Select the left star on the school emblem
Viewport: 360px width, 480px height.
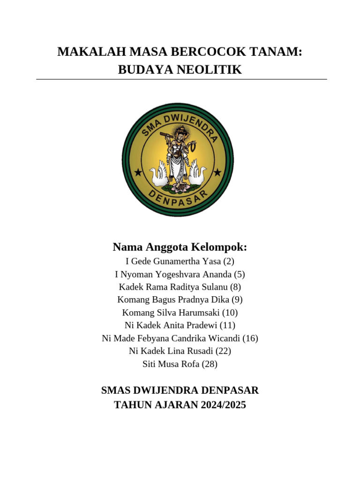coord(138,172)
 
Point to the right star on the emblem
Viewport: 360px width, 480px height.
coord(217,172)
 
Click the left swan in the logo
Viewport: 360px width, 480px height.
coord(158,174)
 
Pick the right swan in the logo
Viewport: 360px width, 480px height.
coord(197,174)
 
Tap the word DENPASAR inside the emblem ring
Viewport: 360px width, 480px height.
coord(178,199)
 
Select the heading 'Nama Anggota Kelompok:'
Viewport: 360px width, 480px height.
coord(180,247)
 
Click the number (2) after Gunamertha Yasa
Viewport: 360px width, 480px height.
coord(228,262)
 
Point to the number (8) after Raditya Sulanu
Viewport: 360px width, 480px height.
coord(235,287)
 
